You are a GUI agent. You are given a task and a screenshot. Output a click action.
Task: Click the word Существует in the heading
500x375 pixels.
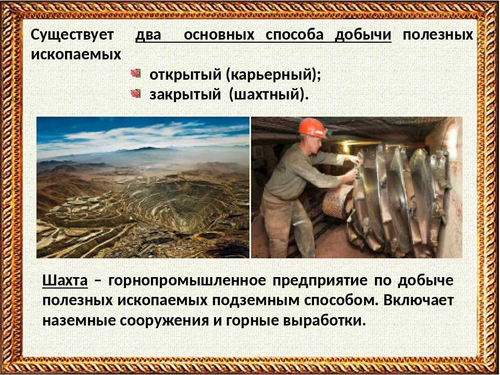click(72, 34)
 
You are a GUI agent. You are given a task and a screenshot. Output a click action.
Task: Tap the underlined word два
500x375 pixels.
click(148, 35)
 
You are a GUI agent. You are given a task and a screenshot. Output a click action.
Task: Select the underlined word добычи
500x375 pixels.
click(363, 35)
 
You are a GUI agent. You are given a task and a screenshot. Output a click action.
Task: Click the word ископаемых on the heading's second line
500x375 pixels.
click(76, 55)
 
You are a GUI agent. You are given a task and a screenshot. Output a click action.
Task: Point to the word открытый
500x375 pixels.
click(185, 74)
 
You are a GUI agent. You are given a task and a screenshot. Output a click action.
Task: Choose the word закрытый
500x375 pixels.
click(185, 94)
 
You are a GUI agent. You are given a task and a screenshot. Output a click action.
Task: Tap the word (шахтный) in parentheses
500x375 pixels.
click(269, 95)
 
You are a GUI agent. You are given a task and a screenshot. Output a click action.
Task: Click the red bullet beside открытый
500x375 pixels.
click(135, 73)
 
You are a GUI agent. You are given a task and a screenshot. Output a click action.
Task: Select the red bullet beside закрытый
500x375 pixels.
click(135, 93)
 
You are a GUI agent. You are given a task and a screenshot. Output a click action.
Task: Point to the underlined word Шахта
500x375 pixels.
click(65, 281)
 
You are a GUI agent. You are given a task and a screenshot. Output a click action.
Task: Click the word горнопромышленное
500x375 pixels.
click(187, 281)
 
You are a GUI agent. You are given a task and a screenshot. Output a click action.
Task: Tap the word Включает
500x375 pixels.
click(418, 301)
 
